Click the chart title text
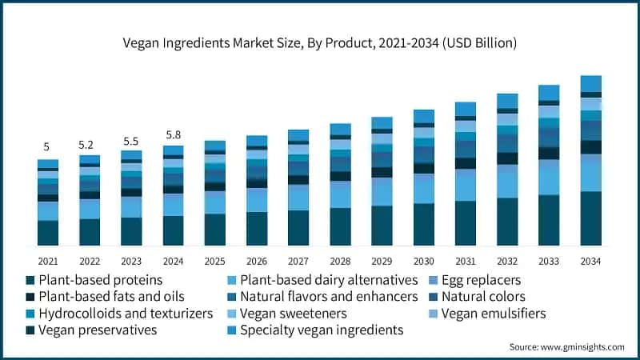click(319, 42)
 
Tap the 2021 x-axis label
click(47, 261)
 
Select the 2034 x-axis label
click(590, 261)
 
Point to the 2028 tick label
click(340, 261)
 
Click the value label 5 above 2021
click(46, 147)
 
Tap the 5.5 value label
click(130, 140)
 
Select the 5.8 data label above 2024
click(173, 134)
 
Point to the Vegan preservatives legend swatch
click(30, 330)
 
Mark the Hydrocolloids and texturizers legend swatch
click(30, 314)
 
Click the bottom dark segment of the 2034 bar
click(590, 218)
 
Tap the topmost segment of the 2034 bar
click(590, 83)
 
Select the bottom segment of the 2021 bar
click(47, 232)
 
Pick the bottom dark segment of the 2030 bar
click(423, 224)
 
